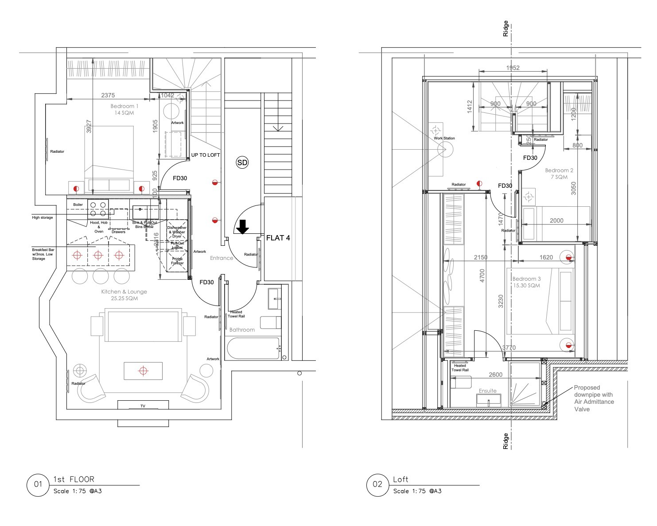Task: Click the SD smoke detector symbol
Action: pyautogui.click(x=242, y=162)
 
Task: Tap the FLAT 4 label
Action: pyautogui.click(x=278, y=238)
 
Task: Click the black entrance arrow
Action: pyautogui.click(x=242, y=227)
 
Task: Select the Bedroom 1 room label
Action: pyautogui.click(x=124, y=109)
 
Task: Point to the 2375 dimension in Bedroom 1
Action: pyautogui.click(x=108, y=95)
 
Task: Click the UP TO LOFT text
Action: pyautogui.click(x=206, y=155)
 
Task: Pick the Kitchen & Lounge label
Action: pyautogui.click(x=124, y=295)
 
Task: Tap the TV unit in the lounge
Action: pyautogui.click(x=143, y=406)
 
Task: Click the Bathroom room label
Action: pyautogui.click(x=242, y=329)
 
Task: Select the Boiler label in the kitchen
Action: pyautogui.click(x=78, y=205)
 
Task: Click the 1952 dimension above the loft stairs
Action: pyautogui.click(x=513, y=68)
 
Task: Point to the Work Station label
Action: pyautogui.click(x=444, y=138)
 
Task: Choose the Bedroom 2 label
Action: pyautogui.click(x=559, y=174)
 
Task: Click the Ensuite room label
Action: pyautogui.click(x=487, y=391)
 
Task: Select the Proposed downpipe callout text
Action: pyautogui.click(x=594, y=398)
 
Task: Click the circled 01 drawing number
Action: pyautogui.click(x=38, y=484)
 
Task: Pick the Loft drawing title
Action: pyautogui.click(x=400, y=480)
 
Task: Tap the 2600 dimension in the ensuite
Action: pyautogui.click(x=495, y=375)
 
